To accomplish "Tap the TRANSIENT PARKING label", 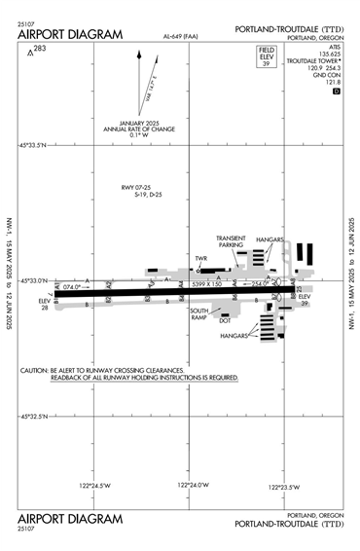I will (231, 241).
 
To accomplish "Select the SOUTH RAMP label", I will (199, 313).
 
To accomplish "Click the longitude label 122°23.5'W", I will (283, 485).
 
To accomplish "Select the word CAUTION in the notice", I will (36, 370).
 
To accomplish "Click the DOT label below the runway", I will (225, 318).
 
